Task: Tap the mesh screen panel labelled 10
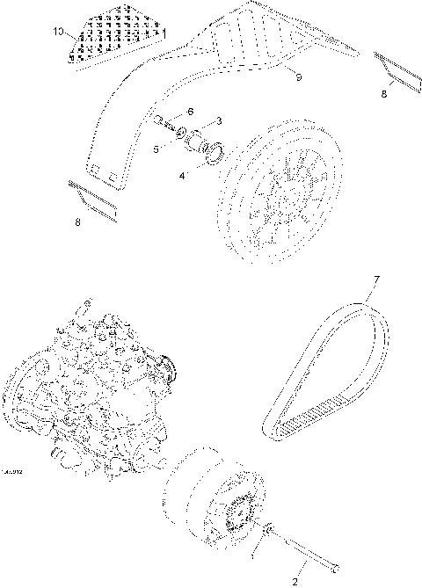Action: (x=114, y=36)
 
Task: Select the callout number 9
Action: (x=298, y=78)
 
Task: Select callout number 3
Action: (x=219, y=120)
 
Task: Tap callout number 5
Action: (x=156, y=149)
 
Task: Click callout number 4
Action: (x=182, y=176)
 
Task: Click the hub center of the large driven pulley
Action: (x=280, y=199)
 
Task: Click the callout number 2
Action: (x=295, y=580)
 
